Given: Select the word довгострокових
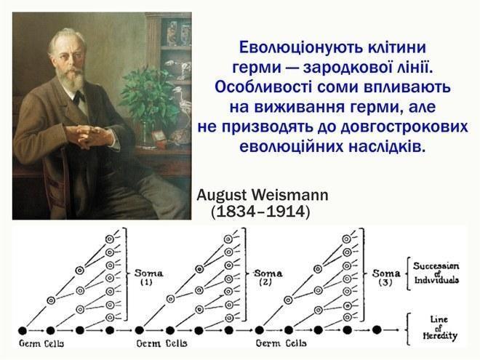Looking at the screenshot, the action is (404, 127).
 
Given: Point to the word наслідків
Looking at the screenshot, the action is (387, 147).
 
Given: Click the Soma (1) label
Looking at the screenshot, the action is (148, 277).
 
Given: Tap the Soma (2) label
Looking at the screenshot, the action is (268, 277).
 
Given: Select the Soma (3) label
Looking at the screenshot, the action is (386, 277).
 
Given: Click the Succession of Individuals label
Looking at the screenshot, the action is (436, 273).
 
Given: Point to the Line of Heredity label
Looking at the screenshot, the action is (439, 328).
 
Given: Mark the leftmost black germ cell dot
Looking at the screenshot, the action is (23, 331).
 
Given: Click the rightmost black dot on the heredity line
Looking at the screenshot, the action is (377, 330).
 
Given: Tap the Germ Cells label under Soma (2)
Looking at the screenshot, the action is (162, 343).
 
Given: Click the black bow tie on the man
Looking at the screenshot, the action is (80, 97).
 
